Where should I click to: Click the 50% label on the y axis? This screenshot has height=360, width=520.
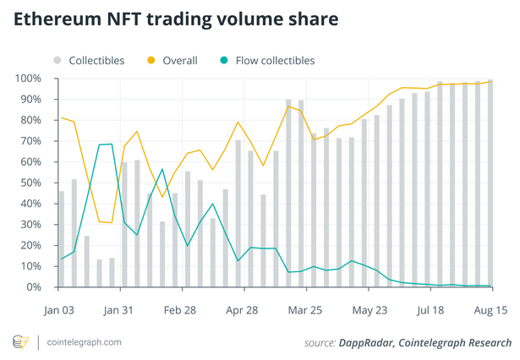click(32, 183)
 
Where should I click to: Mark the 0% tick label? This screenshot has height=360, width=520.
click(36, 287)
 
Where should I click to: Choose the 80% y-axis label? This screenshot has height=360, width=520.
click(32, 120)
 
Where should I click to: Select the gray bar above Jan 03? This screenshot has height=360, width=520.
click(62, 239)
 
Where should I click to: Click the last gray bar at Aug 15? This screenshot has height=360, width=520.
click(490, 183)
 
